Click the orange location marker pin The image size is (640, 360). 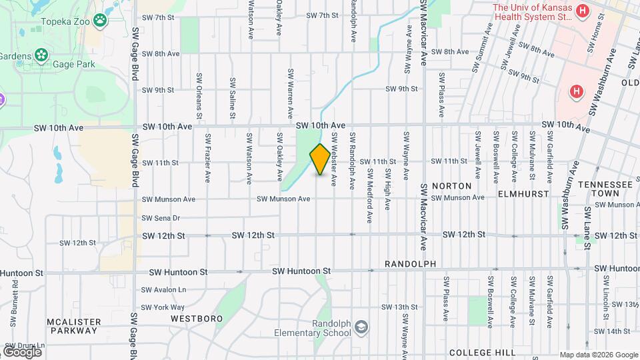[320, 159]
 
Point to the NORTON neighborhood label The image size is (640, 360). [451, 185]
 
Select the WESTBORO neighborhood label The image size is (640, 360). [196, 319]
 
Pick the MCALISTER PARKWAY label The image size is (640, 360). [73, 326]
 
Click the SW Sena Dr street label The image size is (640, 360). [161, 218]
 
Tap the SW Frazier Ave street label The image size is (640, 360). [208, 159]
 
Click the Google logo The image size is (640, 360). [22, 351]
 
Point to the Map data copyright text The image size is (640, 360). [598, 355]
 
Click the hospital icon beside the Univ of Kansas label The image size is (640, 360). [583, 11]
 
